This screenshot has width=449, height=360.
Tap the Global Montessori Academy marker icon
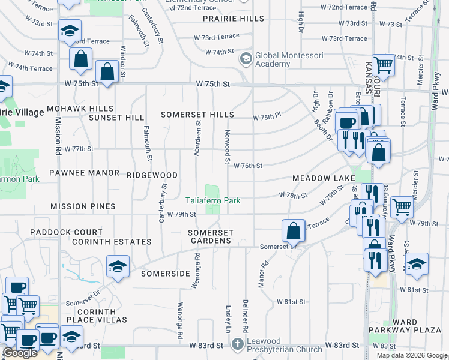pos(246,59)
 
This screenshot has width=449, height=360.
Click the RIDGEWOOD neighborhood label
pos(152,175)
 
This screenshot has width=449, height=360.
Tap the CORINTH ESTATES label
pos(111,242)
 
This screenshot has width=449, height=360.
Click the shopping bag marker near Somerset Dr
pos(292,230)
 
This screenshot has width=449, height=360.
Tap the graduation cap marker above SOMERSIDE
pos(118,266)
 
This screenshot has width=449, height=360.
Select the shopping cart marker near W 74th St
pos(382,65)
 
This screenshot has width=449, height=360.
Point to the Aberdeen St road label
pos(197,137)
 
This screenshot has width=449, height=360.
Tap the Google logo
pos(20,353)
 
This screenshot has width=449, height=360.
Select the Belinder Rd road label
pos(245,316)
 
